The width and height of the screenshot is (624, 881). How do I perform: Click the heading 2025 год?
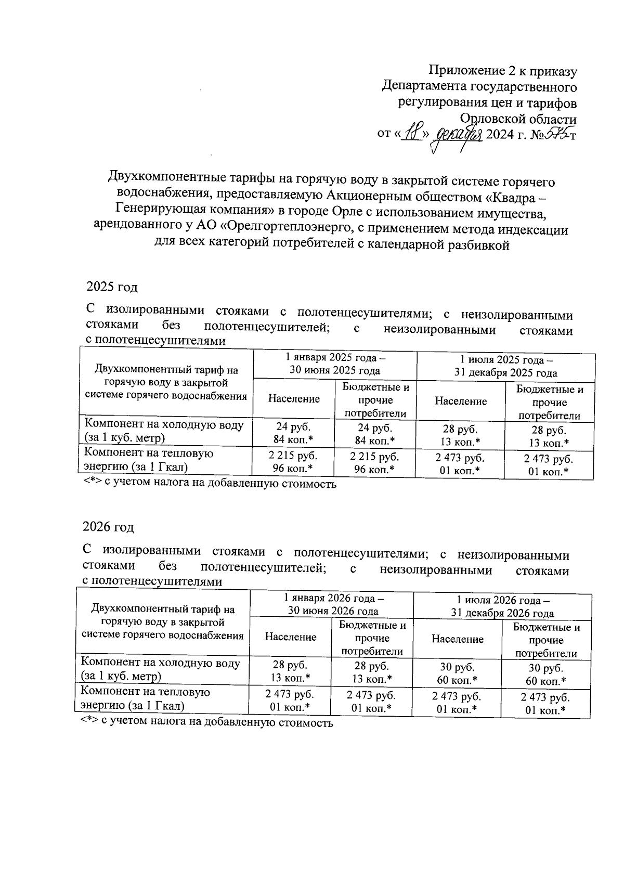[112, 287]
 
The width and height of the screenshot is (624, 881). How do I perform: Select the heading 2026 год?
[109, 526]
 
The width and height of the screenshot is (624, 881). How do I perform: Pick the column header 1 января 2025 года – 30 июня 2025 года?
[335, 365]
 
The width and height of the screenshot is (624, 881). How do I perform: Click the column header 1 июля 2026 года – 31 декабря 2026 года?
[502, 606]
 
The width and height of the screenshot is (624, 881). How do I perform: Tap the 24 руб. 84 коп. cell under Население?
[294, 433]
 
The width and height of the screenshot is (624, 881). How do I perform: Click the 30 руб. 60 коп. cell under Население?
[457, 673]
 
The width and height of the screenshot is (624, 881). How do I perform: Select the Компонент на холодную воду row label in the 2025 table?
[164, 431]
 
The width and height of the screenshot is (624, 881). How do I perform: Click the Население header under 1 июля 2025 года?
[461, 401]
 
